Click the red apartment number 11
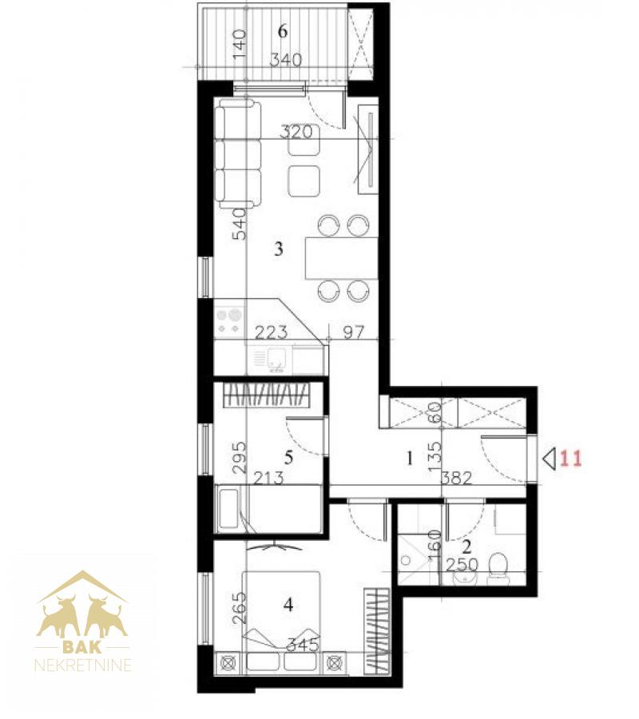click(570, 458)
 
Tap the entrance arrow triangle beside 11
click(550, 458)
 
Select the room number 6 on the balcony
click(283, 31)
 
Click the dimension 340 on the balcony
click(286, 60)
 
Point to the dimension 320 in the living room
click(296, 132)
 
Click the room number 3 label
click(278, 249)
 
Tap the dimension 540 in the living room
click(240, 224)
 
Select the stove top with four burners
click(229, 321)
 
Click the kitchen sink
click(274, 359)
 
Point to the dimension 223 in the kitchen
click(272, 332)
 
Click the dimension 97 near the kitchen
click(353, 332)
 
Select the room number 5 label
click(288, 457)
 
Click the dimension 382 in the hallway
click(457, 479)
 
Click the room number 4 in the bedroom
click(288, 606)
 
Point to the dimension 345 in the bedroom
click(303, 646)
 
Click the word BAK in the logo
click(82, 647)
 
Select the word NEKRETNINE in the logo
click(83, 665)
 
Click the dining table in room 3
click(342, 258)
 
